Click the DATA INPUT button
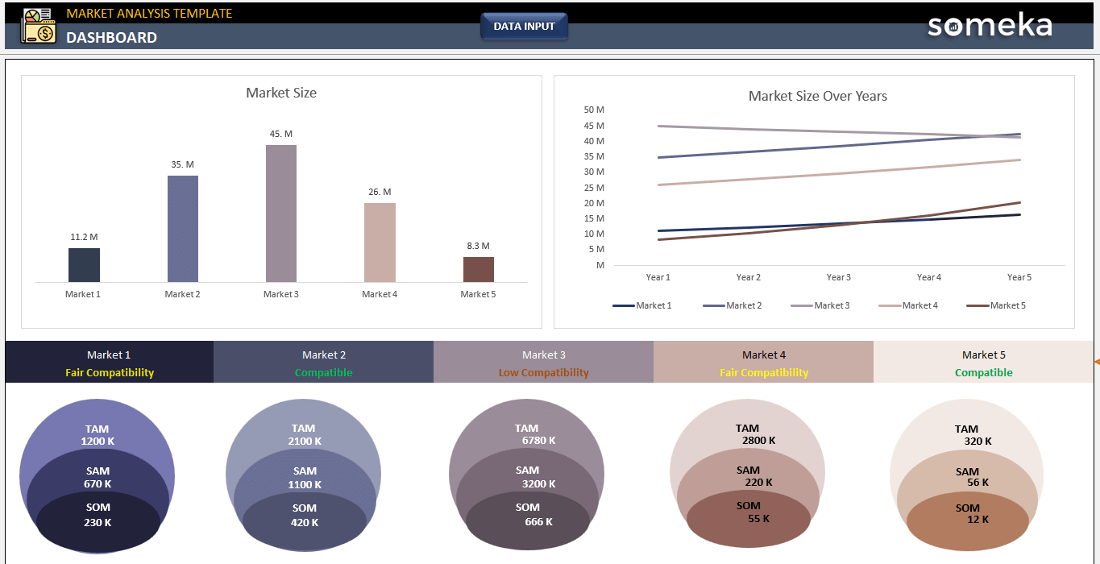tap(524, 27)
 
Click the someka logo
tap(990, 25)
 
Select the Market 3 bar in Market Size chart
tap(281, 214)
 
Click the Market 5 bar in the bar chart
tap(478, 269)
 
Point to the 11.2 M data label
tap(84, 237)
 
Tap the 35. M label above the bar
tap(182, 164)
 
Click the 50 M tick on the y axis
tap(594, 110)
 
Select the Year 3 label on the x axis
tap(838, 277)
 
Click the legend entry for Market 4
tap(907, 305)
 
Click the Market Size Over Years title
tap(817, 96)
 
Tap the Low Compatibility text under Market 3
tap(543, 373)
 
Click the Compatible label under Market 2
tap(323, 373)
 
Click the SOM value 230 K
tap(98, 522)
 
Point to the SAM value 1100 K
tap(305, 485)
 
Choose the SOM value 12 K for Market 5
tap(978, 520)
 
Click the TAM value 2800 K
tap(758, 441)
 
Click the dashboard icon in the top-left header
tap(38, 26)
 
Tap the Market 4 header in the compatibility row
tap(763, 355)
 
